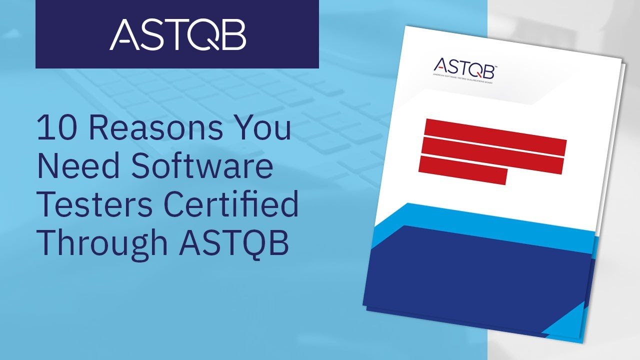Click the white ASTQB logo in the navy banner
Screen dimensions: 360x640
coord(177,34)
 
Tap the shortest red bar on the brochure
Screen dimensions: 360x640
coord(463,170)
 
